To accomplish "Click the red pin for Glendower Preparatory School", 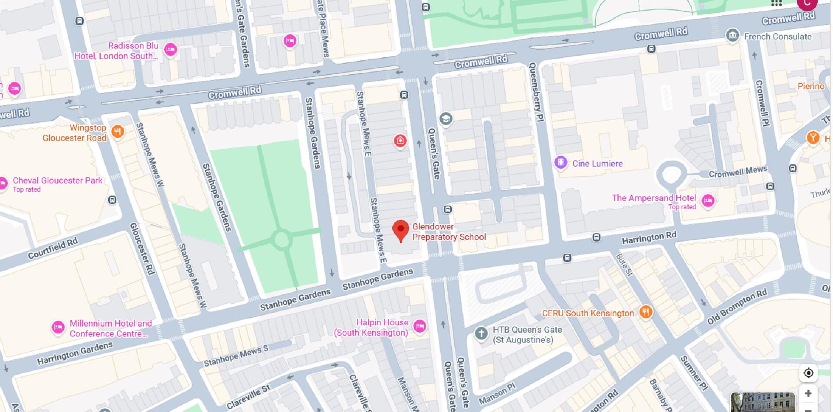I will coord(400,229).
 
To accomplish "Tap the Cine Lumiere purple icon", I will coord(561,163).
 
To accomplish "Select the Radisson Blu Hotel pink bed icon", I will coord(171,50).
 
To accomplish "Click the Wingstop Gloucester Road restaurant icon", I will coord(118,131).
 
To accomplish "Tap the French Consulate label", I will coord(777,36).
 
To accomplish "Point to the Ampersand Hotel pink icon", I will coord(708,200).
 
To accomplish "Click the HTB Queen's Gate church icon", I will coord(481,334).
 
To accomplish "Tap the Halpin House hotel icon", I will coord(419,326).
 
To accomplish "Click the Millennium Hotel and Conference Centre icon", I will coord(58,327).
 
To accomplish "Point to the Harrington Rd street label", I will coord(649,238).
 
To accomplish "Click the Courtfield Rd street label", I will coord(52,249).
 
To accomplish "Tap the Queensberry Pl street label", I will coord(536,92).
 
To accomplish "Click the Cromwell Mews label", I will coord(738,172).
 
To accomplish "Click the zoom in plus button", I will coord(808,393).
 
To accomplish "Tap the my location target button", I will coord(808,373).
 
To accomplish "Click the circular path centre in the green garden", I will coord(282,239).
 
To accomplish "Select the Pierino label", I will coord(810,86).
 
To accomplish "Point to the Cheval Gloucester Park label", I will coord(57,180).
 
